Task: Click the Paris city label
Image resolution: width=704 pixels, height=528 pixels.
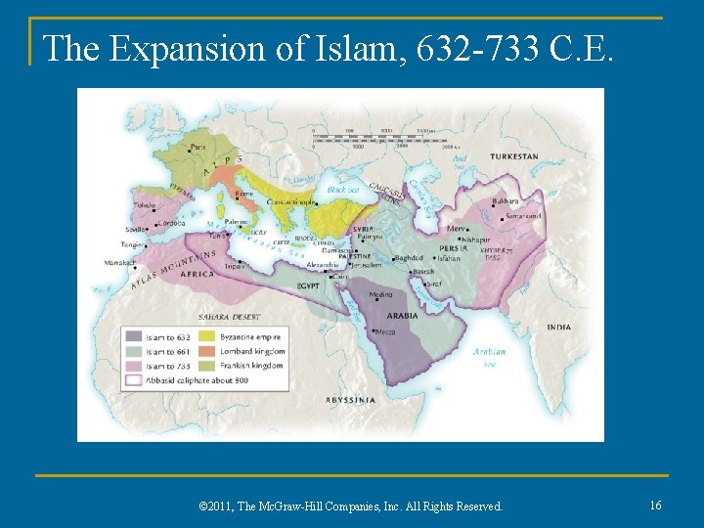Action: click(x=198, y=149)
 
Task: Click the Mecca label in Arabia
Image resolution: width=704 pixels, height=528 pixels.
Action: click(x=384, y=332)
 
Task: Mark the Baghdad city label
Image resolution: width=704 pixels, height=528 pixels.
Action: click(x=411, y=259)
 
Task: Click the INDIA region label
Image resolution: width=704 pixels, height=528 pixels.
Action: click(x=558, y=327)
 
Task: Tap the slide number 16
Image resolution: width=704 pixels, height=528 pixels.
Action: click(x=656, y=505)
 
